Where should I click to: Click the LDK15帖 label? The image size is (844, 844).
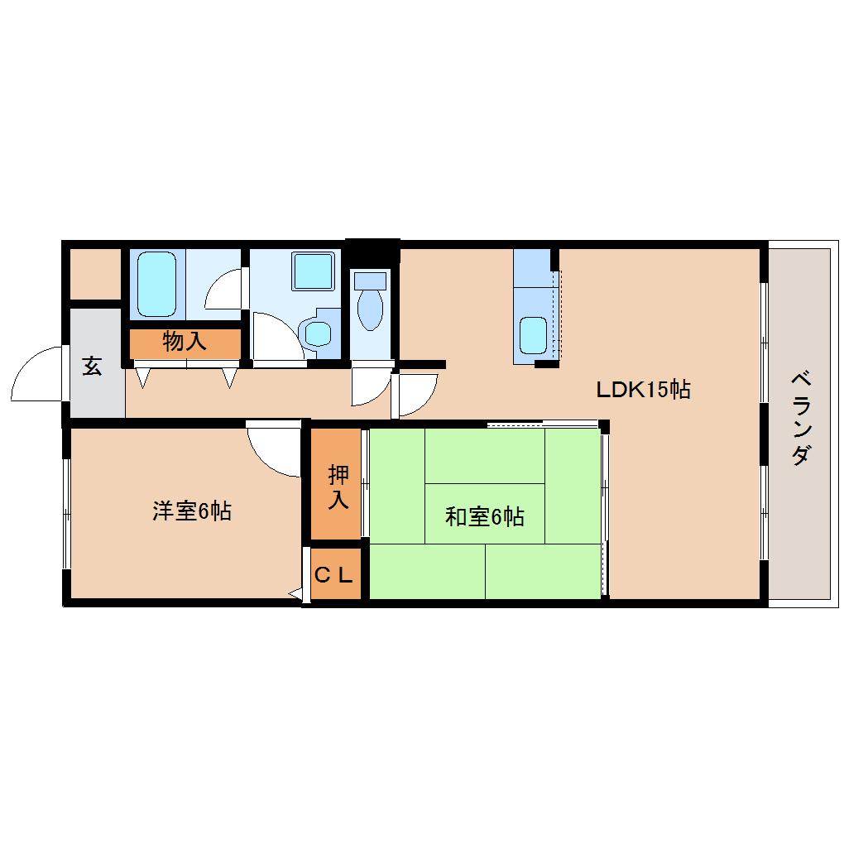(644, 389)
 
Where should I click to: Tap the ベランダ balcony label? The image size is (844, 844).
(799, 419)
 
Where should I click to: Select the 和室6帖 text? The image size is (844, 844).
(484, 517)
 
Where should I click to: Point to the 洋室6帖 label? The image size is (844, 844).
(191, 511)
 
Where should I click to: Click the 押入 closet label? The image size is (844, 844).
(338, 487)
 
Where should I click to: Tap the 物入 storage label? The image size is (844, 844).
(185, 341)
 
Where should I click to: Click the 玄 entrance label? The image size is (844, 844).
(92, 367)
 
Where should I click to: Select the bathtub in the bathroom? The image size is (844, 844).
(156, 284)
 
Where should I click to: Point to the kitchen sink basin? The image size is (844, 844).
(533, 335)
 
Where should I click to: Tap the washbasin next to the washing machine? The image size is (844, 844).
(317, 333)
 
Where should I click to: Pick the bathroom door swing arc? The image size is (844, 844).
(223, 290)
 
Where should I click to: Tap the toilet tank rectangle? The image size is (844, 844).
(370, 280)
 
